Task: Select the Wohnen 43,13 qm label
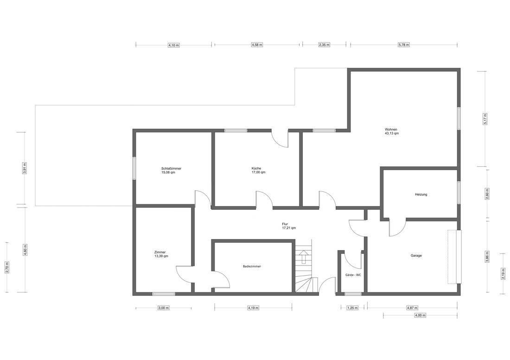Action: tap(391, 131)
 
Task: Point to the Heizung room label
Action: tap(421, 195)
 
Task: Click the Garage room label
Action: tap(416, 256)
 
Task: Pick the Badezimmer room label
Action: tap(252, 266)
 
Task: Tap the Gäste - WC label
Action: tap(353, 275)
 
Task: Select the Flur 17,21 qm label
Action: tap(289, 226)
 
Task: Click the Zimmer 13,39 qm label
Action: tap(161, 254)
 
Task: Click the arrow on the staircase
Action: tap(304, 257)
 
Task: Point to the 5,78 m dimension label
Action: tap(404, 45)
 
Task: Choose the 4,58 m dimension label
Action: tap(257, 45)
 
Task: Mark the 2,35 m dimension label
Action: tap(324, 45)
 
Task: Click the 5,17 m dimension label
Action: tap(485, 119)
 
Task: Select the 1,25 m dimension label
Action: tap(352, 308)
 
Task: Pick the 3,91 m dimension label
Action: tap(25, 168)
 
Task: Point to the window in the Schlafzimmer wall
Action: tap(134, 168)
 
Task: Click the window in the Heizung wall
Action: tap(459, 192)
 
